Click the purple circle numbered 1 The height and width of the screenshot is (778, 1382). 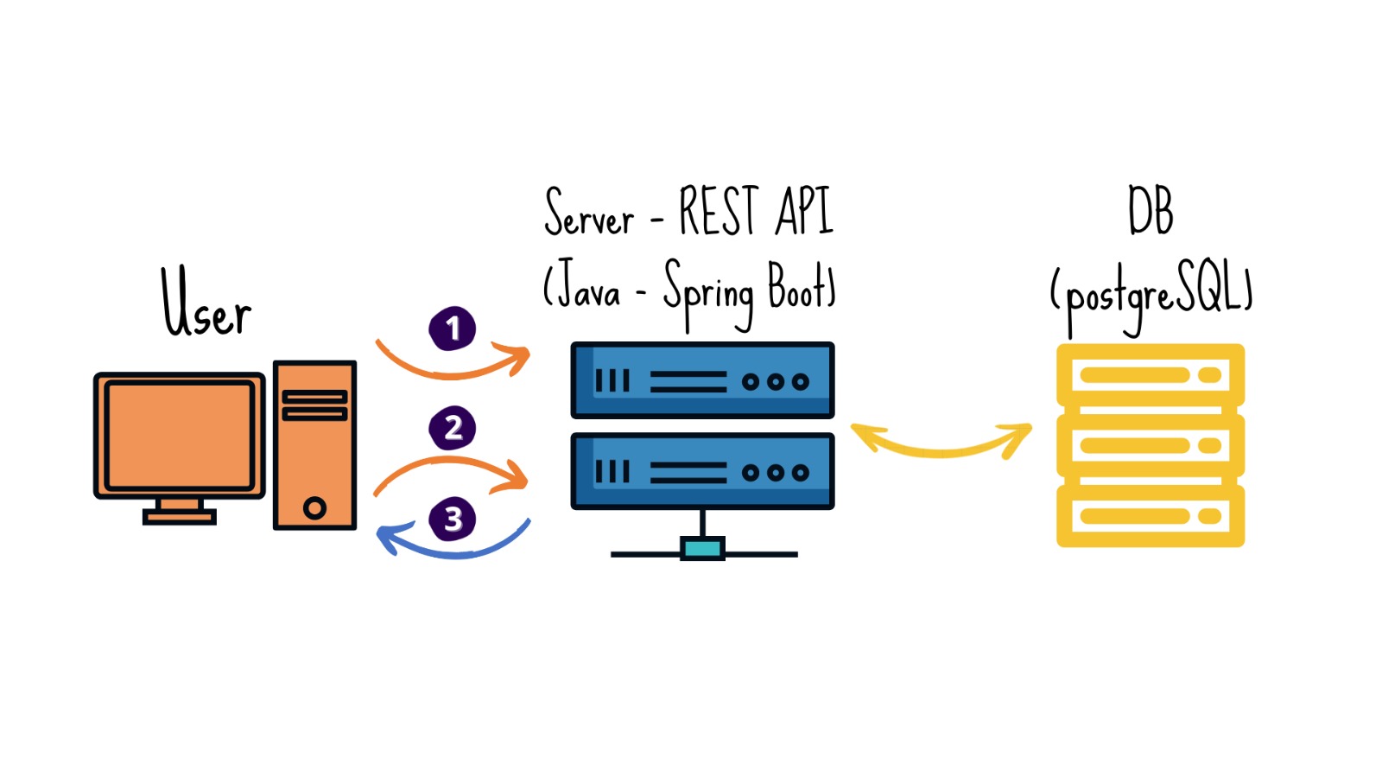pyautogui.click(x=452, y=328)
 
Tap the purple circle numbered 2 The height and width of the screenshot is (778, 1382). pyautogui.click(x=453, y=428)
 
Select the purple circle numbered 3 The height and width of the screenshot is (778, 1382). pyautogui.click(x=453, y=520)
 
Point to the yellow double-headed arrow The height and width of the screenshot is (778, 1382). pyautogui.click(x=941, y=446)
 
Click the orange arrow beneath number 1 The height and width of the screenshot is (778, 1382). pyautogui.click(x=452, y=369)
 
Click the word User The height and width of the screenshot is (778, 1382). pyautogui.click(x=206, y=303)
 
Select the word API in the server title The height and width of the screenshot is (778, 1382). pyautogui.click(x=803, y=211)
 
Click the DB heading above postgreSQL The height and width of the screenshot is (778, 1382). pyautogui.click(x=1151, y=211)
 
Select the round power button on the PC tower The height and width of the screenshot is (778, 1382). pyautogui.click(x=315, y=507)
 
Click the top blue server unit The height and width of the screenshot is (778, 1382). pyautogui.click(x=702, y=380)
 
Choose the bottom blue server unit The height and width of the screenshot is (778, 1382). pyautogui.click(x=702, y=472)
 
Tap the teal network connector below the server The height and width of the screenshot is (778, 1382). pyautogui.click(x=702, y=548)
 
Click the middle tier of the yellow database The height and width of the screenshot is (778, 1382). pyautogui.click(x=1151, y=446)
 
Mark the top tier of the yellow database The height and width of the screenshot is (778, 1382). pyautogui.click(x=1151, y=375)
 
